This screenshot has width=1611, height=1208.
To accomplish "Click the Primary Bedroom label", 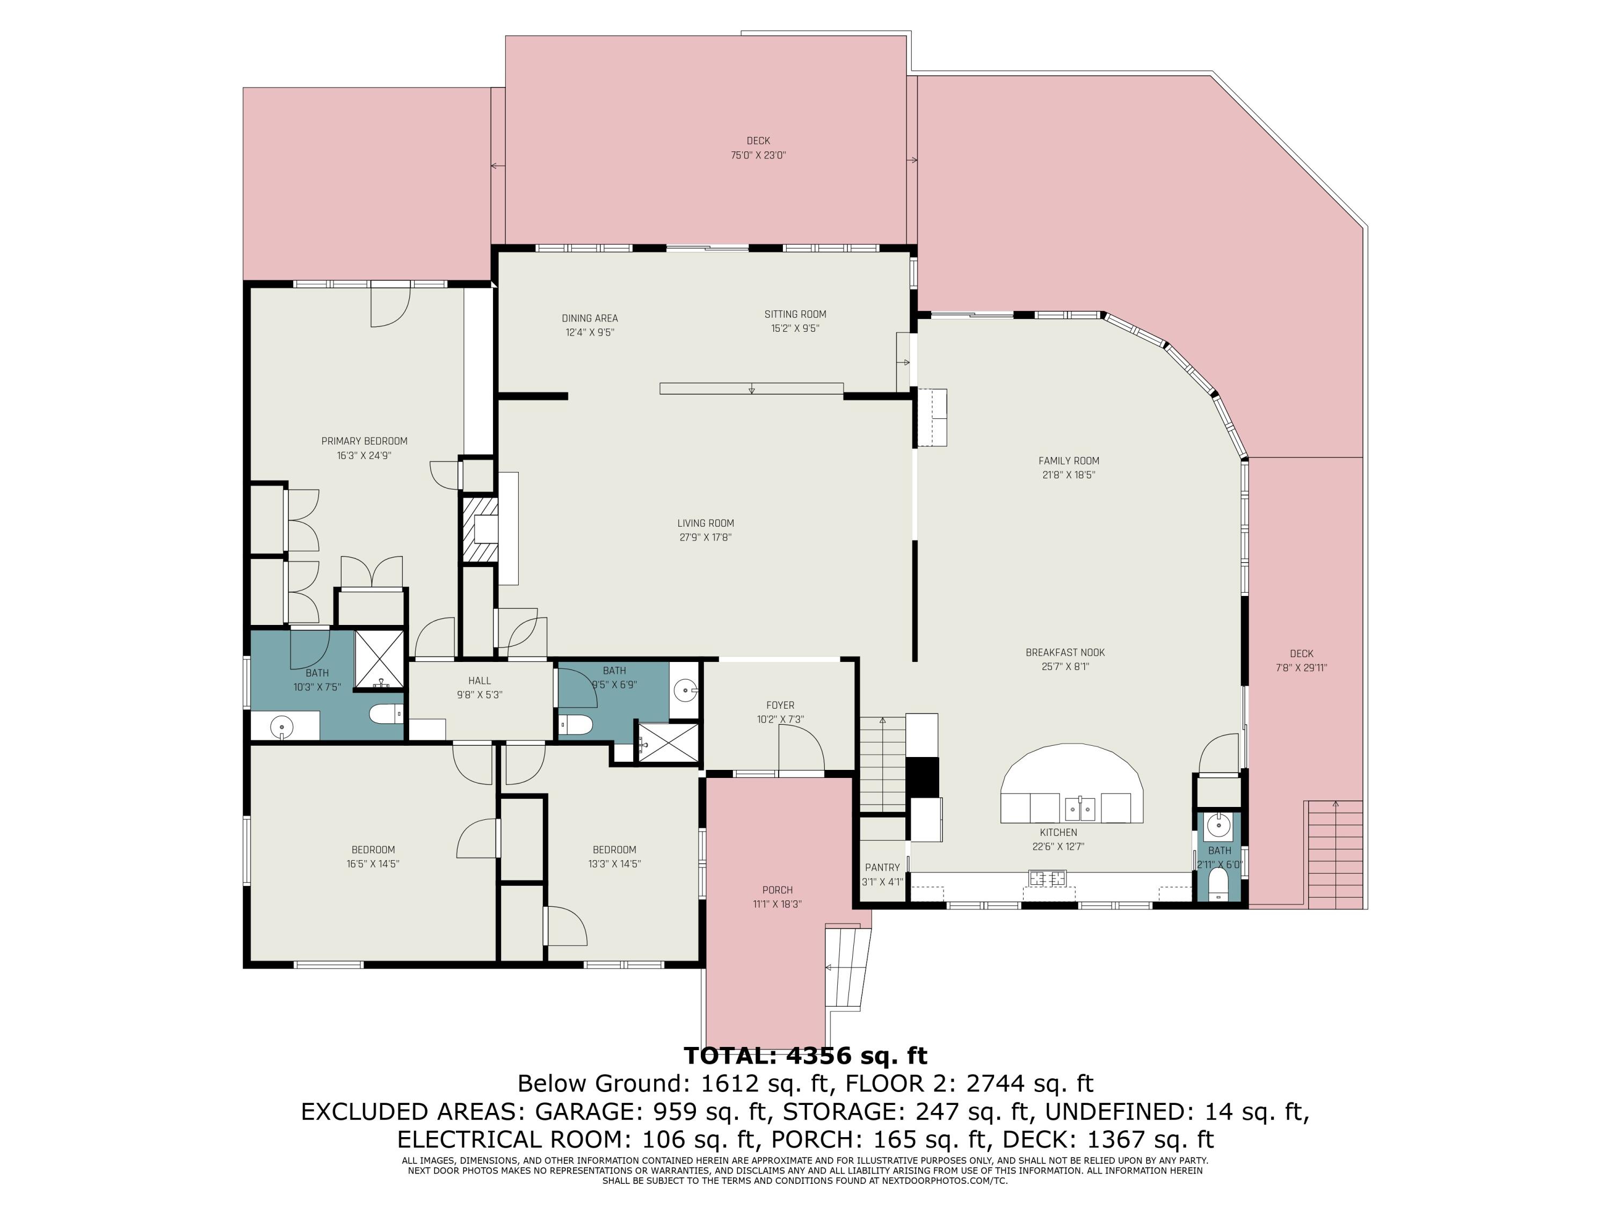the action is pyautogui.click(x=364, y=441).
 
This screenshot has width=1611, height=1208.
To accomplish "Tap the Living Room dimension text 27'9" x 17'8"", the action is pyautogui.click(x=706, y=538).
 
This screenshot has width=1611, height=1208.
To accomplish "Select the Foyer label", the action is pyautogui.click(x=780, y=705).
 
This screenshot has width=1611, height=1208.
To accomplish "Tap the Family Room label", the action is pyautogui.click(x=1069, y=461).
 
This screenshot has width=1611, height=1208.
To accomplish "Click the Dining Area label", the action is pyautogui.click(x=590, y=318).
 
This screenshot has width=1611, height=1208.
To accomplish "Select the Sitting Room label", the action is pyautogui.click(x=795, y=315).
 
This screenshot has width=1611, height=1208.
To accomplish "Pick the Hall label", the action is pyautogui.click(x=479, y=681).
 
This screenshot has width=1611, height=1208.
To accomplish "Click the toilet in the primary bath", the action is pyautogui.click(x=386, y=714).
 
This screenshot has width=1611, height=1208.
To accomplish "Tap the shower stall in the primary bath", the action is pyautogui.click(x=379, y=659).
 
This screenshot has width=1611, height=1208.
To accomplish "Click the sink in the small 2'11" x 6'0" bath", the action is pyautogui.click(x=1218, y=826).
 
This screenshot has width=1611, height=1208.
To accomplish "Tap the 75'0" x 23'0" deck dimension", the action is pyautogui.click(x=758, y=156).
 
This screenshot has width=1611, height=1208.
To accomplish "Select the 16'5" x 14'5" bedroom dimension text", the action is pyautogui.click(x=373, y=864).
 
